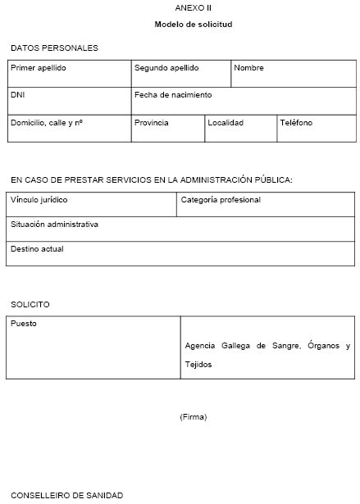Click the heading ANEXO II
click(x=193, y=8)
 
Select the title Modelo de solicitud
click(x=193, y=25)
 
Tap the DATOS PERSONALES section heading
click(x=54, y=48)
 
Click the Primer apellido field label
click(x=39, y=68)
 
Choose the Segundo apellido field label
click(x=166, y=68)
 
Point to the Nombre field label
click(x=248, y=68)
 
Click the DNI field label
click(x=18, y=95)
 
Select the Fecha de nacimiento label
click(x=173, y=95)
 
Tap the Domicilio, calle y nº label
click(x=48, y=123)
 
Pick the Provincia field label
click(x=152, y=123)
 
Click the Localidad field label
click(x=226, y=123)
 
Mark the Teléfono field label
click(x=296, y=123)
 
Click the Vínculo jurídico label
click(x=39, y=199)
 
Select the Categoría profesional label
click(x=221, y=199)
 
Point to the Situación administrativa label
click(x=54, y=224)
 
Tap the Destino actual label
click(x=37, y=248)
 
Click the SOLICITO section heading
click(x=30, y=304)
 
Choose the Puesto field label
click(x=24, y=323)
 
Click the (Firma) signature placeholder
click(x=193, y=417)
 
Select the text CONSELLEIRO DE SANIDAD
click(x=66, y=495)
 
